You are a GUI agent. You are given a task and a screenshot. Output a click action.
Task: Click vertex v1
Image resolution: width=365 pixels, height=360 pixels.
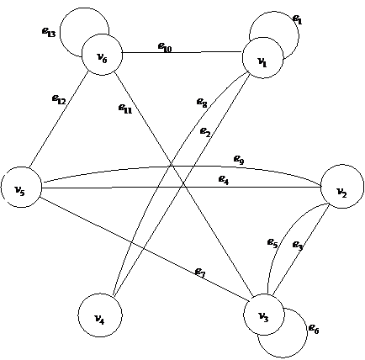click(x=262, y=58)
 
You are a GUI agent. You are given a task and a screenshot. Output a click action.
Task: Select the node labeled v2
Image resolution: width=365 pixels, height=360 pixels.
click(x=342, y=187)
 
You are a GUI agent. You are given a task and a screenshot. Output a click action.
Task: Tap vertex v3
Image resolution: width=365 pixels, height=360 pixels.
click(x=264, y=315)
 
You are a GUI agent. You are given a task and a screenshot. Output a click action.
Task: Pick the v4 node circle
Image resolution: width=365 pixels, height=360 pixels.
click(x=100, y=315)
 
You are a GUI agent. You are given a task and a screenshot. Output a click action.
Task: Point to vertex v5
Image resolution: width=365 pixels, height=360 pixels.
click(x=21, y=188)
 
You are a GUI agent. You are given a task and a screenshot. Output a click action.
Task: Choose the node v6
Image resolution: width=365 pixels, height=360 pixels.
click(x=102, y=55)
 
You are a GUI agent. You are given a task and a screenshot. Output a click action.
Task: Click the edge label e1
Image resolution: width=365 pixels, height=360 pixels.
click(x=298, y=19)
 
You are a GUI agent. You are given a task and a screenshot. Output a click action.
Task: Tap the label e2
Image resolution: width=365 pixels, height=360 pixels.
click(x=205, y=132)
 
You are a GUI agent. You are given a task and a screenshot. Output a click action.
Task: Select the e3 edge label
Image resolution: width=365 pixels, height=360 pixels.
click(x=298, y=246)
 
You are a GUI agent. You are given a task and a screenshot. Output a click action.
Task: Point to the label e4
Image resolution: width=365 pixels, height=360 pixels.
click(x=224, y=180)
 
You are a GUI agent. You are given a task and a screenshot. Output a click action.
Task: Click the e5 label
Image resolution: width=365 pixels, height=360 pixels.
click(x=272, y=243)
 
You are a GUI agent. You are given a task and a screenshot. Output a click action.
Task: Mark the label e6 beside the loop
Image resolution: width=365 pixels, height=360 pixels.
click(x=314, y=329)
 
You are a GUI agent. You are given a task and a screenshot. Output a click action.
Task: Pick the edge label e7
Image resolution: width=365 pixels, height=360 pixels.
click(x=200, y=272)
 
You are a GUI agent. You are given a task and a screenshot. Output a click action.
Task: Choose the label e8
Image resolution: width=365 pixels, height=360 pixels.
click(x=202, y=103)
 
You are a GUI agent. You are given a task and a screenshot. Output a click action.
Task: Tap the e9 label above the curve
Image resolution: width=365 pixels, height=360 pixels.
click(x=239, y=160)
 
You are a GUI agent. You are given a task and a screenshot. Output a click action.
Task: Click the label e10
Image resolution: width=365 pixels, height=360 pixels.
click(x=165, y=47)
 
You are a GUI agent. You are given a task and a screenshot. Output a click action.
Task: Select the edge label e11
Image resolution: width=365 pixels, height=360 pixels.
click(x=125, y=109)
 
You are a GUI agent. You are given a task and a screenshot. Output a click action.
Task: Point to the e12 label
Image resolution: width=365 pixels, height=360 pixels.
click(x=59, y=99)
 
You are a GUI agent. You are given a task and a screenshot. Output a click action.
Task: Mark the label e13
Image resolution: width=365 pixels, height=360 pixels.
click(x=49, y=32)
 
